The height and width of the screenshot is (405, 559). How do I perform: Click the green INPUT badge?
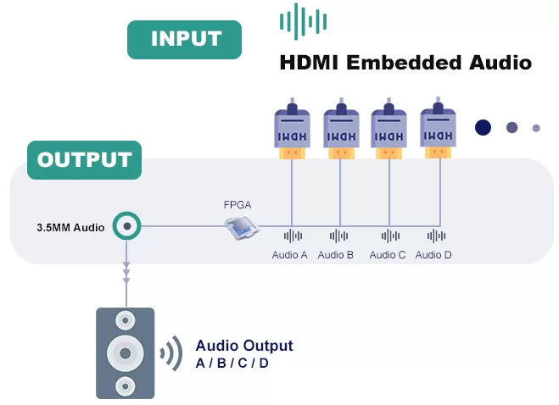(184, 39)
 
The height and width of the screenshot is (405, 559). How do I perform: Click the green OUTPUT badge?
(84, 159)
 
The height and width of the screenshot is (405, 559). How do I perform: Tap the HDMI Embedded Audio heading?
(405, 62)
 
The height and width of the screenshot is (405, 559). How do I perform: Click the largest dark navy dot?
(483, 127)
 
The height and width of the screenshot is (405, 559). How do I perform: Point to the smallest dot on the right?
(536, 128)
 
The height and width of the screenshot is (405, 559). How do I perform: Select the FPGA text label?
(238, 205)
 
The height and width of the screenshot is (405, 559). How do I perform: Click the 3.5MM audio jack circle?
(127, 226)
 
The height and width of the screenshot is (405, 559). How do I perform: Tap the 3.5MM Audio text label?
(70, 227)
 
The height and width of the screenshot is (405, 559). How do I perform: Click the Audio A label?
(289, 254)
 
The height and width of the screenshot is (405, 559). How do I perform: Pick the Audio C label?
(388, 254)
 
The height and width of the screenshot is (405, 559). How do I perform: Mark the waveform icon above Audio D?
(436, 236)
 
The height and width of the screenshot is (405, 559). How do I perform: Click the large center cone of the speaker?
(126, 352)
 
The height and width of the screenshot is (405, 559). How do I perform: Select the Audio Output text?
(243, 346)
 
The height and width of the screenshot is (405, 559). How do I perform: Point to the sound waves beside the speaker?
(171, 353)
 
